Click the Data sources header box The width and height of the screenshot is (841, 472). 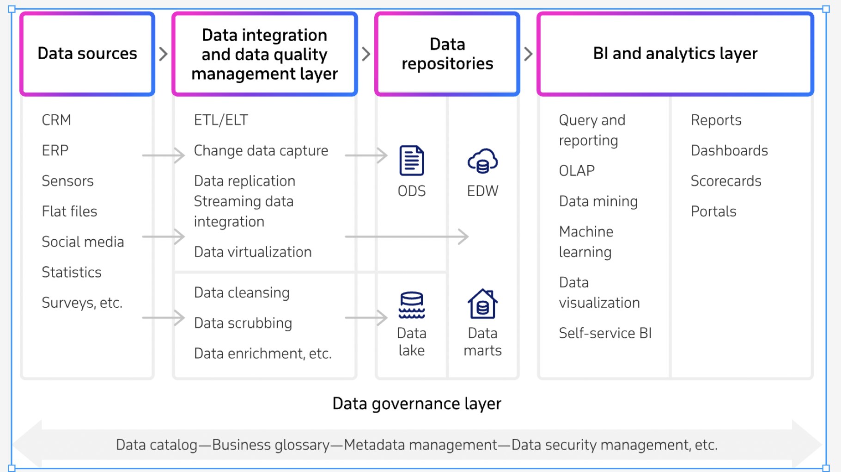click(x=87, y=54)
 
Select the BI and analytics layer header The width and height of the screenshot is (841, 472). click(x=675, y=54)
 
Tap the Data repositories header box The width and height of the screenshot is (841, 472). click(x=447, y=54)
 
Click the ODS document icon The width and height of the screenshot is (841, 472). click(x=412, y=161)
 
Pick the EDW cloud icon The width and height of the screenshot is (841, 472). click(x=482, y=161)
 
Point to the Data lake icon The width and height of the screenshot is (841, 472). click(x=412, y=305)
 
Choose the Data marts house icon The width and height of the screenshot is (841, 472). click(x=482, y=304)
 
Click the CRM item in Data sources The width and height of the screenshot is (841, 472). click(x=56, y=120)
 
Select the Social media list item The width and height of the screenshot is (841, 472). click(x=83, y=242)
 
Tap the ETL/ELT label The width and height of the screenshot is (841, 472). click(x=221, y=120)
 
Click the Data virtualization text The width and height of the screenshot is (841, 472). click(x=253, y=252)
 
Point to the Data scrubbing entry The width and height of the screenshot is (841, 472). click(x=243, y=323)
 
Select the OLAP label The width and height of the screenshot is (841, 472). click(x=577, y=171)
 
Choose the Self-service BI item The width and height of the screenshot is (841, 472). click(x=605, y=333)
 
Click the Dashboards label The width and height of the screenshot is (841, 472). click(x=729, y=150)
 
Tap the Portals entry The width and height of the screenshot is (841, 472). click(x=713, y=211)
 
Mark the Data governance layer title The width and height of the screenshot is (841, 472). click(x=417, y=404)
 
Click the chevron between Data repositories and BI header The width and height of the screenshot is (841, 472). click(x=529, y=54)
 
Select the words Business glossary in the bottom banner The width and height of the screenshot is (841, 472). click(x=271, y=445)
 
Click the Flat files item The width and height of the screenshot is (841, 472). click(x=69, y=211)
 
